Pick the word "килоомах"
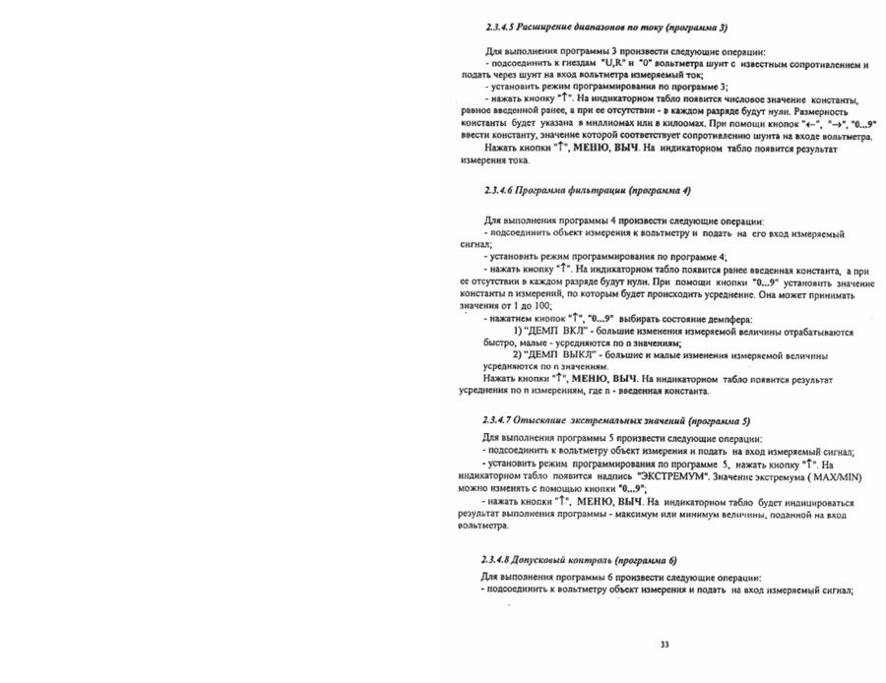[x=671, y=125]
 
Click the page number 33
[x=664, y=645]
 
